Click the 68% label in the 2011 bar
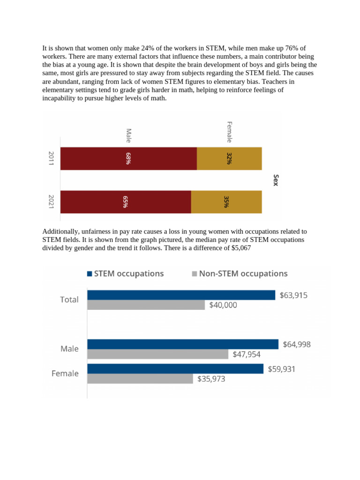click(127, 158)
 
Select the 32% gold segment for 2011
click(229, 158)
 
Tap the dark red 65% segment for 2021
click(126, 202)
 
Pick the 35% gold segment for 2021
click(226, 202)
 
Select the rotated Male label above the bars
click(129, 135)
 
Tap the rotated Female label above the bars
click(230, 132)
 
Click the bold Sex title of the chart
click(276, 180)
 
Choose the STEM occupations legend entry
click(125, 274)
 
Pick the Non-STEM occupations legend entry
click(240, 274)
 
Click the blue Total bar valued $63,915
click(181, 295)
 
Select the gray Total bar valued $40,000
click(146, 305)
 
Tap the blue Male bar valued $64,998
click(183, 344)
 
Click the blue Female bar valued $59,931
click(175, 369)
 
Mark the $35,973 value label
click(211, 379)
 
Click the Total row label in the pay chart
click(69, 300)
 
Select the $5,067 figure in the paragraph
click(241, 248)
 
